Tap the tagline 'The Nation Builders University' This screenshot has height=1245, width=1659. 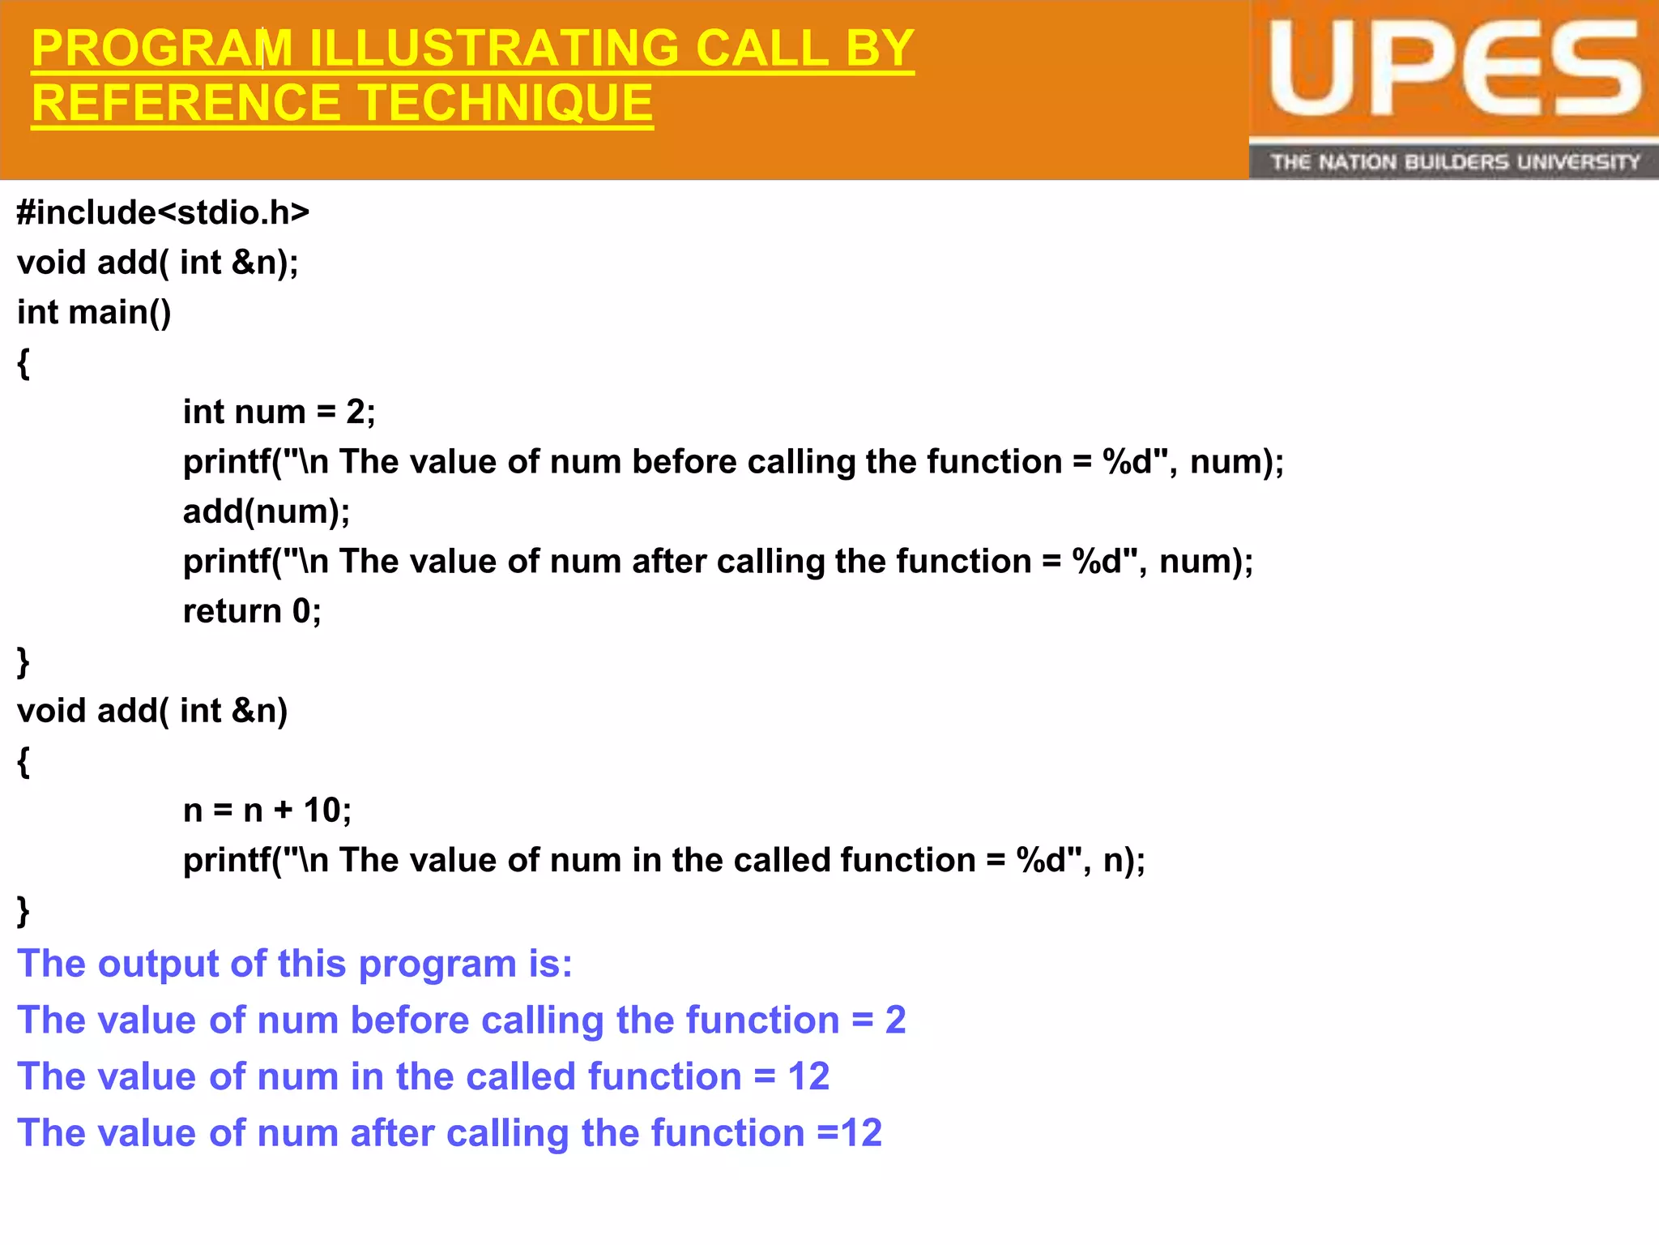point(1454,162)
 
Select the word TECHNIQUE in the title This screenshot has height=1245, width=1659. point(505,104)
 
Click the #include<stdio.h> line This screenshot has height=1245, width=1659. point(163,212)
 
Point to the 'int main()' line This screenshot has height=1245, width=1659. point(94,312)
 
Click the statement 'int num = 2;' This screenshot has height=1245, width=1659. point(279,412)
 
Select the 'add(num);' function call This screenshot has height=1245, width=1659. point(267,511)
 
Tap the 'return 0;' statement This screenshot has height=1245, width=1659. point(252,611)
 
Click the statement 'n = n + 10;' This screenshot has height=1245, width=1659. point(267,811)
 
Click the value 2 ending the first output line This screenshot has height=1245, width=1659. point(895,1020)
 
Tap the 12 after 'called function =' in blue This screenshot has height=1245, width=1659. point(808,1077)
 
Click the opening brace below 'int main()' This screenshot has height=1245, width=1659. point(23,362)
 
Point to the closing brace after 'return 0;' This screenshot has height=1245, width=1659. point(23,661)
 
